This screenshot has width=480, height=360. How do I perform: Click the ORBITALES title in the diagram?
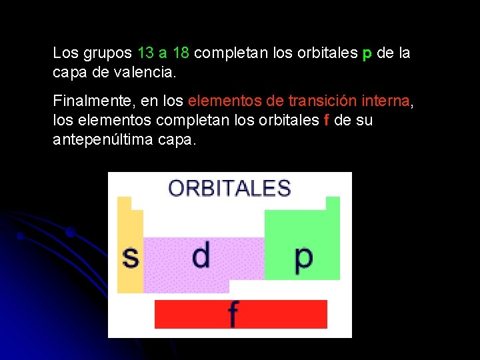click(229, 188)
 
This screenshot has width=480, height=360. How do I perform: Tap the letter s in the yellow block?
click(131, 257)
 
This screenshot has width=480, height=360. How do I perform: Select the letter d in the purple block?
click(201, 255)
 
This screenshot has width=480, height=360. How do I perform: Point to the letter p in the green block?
click(303, 257)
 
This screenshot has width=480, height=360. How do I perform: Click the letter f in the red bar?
click(233, 314)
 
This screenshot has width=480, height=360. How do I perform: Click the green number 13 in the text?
click(145, 53)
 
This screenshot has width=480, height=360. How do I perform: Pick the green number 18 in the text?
click(180, 53)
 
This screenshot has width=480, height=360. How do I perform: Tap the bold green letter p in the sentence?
click(367, 53)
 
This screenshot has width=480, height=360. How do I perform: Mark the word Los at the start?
click(65, 53)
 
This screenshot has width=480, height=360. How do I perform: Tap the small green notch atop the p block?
click(332, 203)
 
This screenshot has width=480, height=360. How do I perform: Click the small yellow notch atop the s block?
click(124, 203)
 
